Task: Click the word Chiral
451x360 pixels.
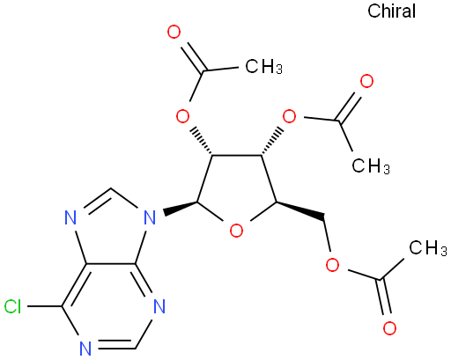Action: tap(391, 11)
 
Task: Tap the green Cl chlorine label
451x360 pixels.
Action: tap(13, 307)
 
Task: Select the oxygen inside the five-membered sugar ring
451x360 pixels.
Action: tap(236, 231)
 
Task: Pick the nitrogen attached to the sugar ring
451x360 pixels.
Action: tap(150, 218)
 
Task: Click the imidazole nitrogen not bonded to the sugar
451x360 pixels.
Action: tap(70, 218)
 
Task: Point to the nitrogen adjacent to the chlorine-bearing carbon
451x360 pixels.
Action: tap(85, 349)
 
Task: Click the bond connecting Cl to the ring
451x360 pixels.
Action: tap(44, 306)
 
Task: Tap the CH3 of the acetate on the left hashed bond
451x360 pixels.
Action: tap(263, 66)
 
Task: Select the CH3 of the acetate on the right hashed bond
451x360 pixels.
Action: tap(371, 165)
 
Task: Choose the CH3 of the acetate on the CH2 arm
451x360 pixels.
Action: tap(427, 247)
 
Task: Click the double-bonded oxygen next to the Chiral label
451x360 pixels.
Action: tap(366, 81)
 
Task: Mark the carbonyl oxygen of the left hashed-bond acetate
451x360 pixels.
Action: tap(174, 32)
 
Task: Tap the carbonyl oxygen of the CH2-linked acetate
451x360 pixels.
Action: tap(389, 328)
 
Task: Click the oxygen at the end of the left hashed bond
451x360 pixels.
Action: tap(182, 117)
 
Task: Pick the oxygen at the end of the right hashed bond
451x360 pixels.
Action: tap(289, 117)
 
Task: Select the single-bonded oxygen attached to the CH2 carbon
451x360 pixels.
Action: tap(332, 265)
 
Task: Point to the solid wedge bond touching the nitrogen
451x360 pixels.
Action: tap(180, 207)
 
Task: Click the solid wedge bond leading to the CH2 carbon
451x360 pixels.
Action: tap(300, 210)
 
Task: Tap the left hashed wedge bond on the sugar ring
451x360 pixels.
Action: tap(202, 141)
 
